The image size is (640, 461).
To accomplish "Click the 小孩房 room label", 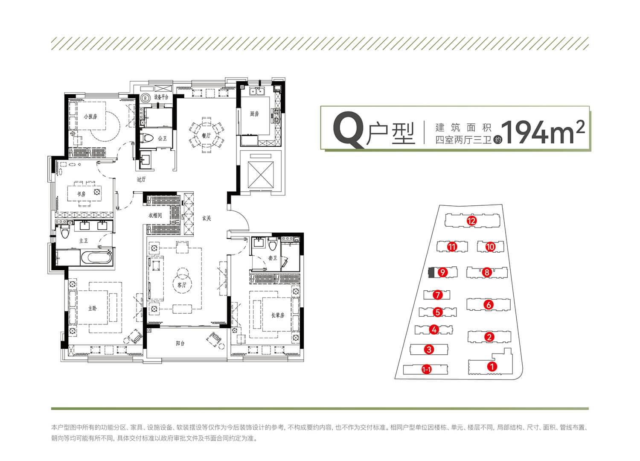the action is tap(90, 117).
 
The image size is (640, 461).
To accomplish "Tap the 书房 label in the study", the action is tap(81, 194).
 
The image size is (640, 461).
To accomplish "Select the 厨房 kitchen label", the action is tap(254, 114).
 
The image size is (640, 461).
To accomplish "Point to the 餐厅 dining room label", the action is tap(206, 135).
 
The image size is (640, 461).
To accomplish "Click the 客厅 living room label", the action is tap(182, 285).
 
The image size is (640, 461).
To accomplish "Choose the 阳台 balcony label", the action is tap(180, 343).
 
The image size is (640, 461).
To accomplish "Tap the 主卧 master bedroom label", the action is tap(92, 308).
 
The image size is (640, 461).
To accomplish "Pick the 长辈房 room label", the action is tap(278, 315).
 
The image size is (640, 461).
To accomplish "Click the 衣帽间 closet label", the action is tap(155, 215).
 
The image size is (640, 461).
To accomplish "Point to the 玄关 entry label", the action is tap(207, 219).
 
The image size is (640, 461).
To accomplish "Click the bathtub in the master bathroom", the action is tap(96, 257).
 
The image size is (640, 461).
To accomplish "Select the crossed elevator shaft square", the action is tap(261, 175).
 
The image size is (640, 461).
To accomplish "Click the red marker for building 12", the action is tap(471, 221).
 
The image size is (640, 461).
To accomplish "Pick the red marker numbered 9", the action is tap(442, 272).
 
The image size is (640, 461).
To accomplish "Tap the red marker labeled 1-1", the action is tap(426, 370).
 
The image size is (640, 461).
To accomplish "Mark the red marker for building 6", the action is tap(489, 305).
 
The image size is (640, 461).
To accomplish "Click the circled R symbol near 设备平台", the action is tap(146, 98).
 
